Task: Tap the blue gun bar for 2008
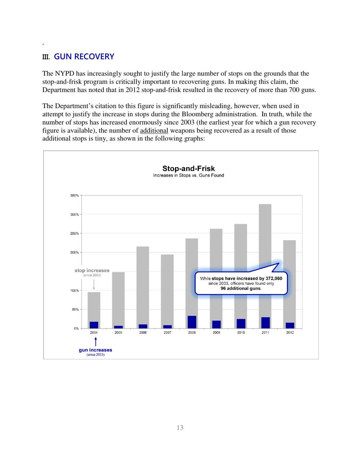coord(192,322)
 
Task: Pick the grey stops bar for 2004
coord(94,307)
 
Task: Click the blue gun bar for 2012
coord(290,325)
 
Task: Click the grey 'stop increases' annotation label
coord(92,271)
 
